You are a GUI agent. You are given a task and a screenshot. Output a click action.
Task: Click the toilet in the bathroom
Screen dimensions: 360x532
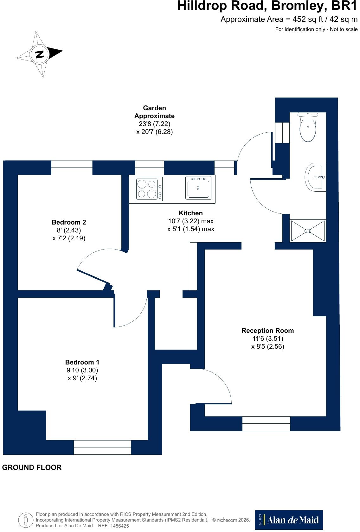pos(308,127)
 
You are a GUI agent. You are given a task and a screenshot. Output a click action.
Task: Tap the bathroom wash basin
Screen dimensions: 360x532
pos(315,177)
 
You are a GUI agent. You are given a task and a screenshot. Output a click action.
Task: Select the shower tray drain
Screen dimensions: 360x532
pos(308,231)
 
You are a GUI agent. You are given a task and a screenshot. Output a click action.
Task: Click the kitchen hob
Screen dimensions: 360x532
pos(149,189)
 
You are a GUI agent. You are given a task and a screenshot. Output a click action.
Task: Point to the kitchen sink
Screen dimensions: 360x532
pos(198,187)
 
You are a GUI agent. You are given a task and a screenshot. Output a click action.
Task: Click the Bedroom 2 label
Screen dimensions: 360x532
pos(69,222)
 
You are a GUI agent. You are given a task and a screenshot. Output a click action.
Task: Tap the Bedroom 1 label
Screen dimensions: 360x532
pos(82,362)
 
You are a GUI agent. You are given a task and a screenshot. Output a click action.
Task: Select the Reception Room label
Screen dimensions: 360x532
pos(267,331)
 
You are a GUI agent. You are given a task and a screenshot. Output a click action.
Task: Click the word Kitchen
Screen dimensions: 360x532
pos(190,213)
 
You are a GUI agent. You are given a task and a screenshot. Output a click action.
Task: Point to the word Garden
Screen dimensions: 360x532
pos(154,108)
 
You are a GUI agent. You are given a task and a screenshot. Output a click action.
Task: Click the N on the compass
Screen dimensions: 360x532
pos(39,54)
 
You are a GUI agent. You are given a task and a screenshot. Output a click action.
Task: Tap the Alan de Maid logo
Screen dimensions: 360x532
pos(289,520)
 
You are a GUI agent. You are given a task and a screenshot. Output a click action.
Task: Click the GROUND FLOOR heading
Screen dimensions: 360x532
pos(32,467)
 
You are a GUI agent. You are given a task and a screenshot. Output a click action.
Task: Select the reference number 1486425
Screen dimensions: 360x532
pos(119,526)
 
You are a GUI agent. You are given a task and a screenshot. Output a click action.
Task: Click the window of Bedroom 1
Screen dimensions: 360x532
pos(102,447)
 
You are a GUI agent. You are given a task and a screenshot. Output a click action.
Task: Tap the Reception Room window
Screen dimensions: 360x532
pos(266,423)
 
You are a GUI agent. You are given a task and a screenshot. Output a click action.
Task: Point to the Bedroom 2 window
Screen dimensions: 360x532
pos(72,168)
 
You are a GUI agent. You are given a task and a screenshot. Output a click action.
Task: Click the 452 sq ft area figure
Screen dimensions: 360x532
pos(308,19)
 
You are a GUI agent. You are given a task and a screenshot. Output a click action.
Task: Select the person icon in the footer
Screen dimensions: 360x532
pos(26,520)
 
